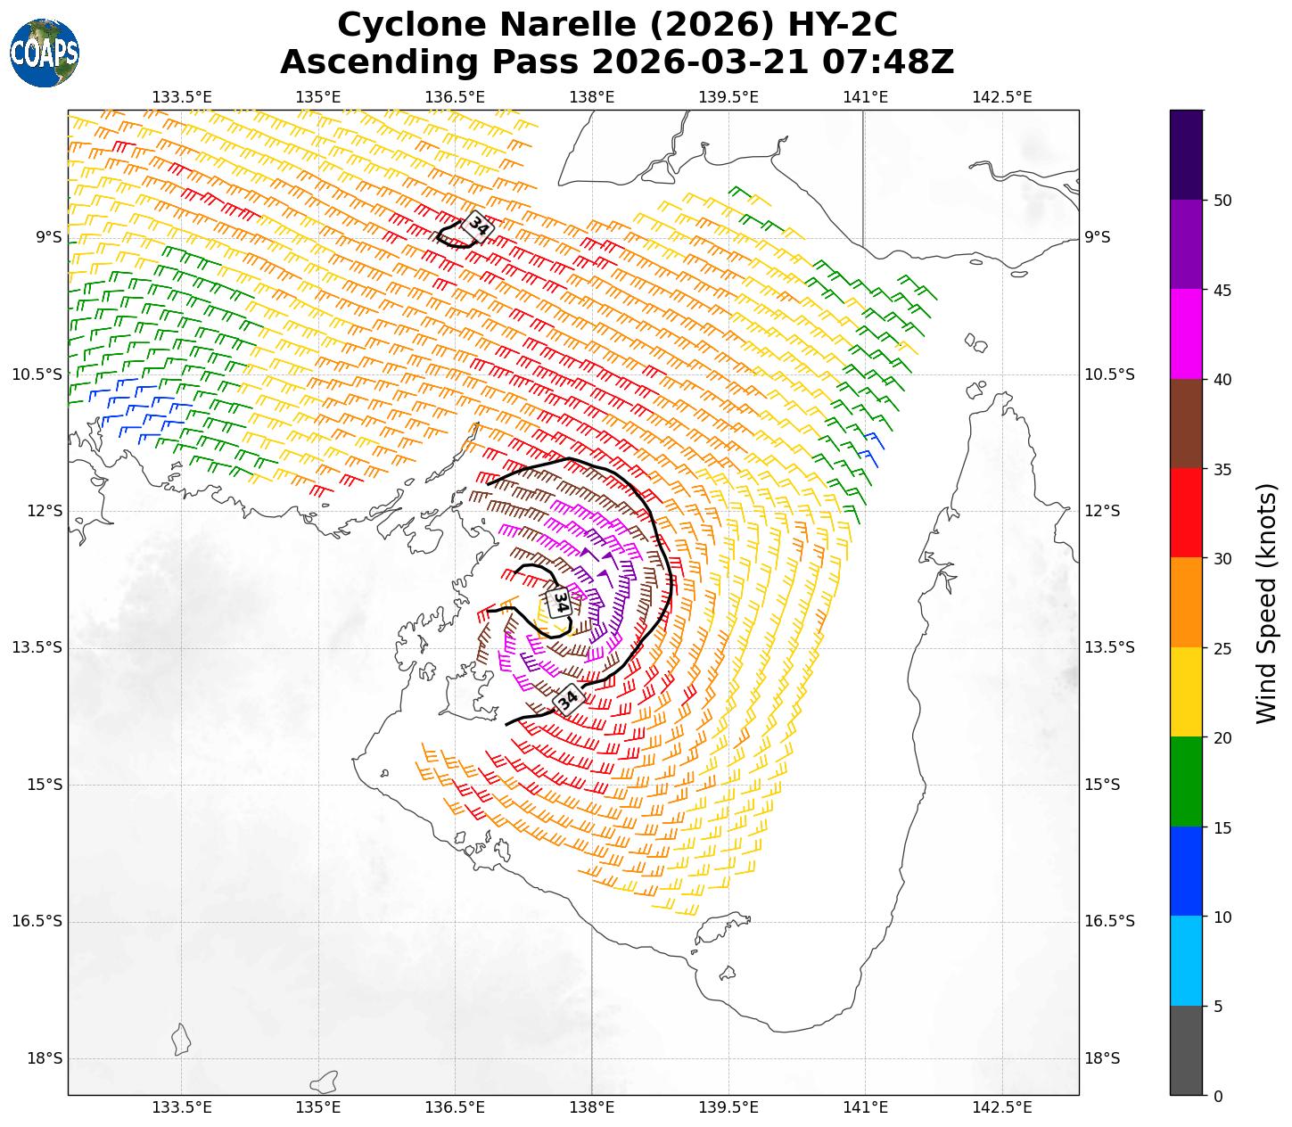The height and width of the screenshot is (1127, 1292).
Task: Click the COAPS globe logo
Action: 45,53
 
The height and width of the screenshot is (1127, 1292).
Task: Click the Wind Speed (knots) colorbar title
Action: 1265,603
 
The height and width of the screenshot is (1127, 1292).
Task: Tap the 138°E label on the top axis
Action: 592,96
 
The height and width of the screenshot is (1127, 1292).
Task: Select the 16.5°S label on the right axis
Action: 1109,921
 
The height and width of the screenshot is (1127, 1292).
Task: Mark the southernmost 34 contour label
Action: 568,698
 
